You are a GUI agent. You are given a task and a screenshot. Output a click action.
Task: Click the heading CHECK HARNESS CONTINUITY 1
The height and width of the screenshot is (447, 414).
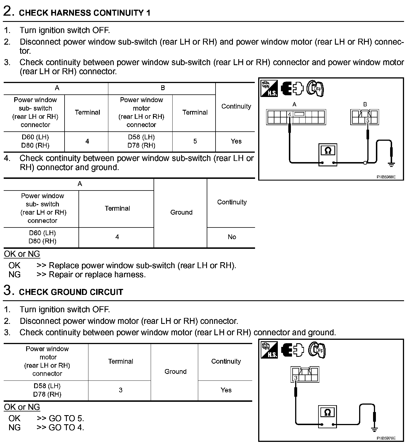pos(84,13)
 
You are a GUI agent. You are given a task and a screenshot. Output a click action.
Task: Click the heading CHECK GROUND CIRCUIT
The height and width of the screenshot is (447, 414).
pos(71,292)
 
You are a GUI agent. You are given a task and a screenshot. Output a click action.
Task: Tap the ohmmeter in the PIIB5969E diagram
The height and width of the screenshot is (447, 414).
pos(328,155)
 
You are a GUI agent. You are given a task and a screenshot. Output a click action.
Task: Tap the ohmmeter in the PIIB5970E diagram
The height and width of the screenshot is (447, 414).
pos(328,417)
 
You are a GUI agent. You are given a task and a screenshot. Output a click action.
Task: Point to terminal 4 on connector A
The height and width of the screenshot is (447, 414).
pos(289,115)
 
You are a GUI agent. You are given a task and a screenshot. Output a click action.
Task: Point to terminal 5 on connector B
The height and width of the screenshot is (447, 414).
pos(368,121)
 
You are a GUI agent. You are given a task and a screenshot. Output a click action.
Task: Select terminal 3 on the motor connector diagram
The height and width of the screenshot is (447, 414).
pos(296,378)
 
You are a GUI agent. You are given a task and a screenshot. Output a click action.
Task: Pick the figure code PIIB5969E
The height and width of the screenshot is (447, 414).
pos(386,177)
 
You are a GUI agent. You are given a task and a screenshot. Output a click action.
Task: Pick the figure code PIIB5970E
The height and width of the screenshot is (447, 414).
pos(386,438)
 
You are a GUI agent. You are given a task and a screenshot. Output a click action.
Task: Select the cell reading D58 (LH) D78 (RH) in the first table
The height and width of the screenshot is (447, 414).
pos(141,141)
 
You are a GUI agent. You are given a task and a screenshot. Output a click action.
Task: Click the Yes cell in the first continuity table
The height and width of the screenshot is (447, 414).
pos(236,141)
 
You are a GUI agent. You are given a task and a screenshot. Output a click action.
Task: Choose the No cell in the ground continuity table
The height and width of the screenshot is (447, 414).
pos(232,237)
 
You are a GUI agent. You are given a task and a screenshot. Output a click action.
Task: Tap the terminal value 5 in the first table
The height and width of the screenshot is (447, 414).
pos(195,141)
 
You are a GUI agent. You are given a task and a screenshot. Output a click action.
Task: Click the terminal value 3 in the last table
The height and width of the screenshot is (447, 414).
pos(121,390)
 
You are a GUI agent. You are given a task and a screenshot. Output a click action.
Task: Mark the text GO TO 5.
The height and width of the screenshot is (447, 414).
pos(67,418)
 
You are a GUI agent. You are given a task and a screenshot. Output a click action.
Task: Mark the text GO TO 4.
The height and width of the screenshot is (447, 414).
pos(67,427)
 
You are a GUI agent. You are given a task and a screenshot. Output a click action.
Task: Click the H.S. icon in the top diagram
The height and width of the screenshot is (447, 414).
pos(269,88)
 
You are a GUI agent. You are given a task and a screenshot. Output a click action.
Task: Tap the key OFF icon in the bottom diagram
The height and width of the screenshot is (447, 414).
pos(317,350)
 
